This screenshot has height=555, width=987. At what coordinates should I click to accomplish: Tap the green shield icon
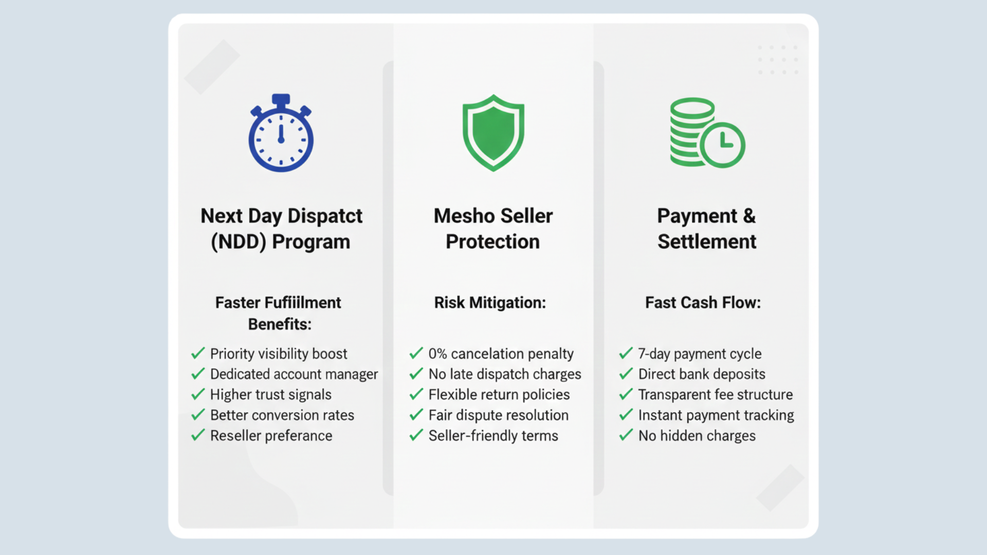493,133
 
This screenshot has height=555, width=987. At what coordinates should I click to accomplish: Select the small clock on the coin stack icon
722,144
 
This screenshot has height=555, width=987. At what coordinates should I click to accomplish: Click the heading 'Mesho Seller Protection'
493,229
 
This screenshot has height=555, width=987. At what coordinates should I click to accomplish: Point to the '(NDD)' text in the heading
238,242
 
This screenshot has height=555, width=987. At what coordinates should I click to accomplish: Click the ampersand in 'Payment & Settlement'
749,216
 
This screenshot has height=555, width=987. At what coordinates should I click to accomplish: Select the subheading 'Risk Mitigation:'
490,303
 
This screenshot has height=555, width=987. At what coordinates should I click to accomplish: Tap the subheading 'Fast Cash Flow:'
703,303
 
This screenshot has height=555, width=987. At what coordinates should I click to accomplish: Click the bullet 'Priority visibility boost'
279,354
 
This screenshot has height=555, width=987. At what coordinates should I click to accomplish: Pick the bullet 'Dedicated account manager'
294,374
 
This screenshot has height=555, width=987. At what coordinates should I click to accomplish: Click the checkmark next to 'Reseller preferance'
198,435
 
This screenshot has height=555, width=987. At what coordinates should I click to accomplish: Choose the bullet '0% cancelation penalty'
501,354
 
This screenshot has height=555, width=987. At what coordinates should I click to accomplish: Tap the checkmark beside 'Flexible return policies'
416,394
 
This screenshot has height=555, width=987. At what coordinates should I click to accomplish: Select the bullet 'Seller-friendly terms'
493,436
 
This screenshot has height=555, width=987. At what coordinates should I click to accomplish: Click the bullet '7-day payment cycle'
700,354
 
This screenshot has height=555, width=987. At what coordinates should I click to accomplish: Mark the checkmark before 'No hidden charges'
626,435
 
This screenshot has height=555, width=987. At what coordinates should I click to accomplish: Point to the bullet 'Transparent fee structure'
715,395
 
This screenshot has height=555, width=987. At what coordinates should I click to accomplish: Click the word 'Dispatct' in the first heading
325,216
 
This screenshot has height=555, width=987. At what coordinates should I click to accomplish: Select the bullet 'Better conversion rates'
282,415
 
